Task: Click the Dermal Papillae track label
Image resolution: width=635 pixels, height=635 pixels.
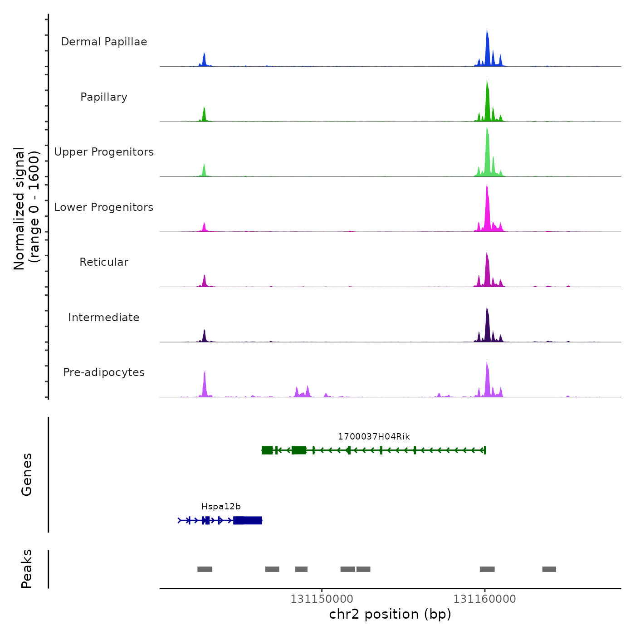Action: click(x=104, y=42)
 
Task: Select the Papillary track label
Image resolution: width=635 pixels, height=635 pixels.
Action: click(x=104, y=97)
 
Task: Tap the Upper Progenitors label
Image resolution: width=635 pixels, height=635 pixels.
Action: click(x=104, y=152)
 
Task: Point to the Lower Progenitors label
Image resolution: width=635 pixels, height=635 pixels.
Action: click(x=104, y=207)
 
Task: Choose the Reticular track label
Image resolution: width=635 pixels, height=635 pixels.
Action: click(x=104, y=262)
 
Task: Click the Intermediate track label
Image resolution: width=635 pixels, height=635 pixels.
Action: click(x=104, y=317)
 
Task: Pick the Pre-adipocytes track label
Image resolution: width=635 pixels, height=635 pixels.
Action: click(x=104, y=372)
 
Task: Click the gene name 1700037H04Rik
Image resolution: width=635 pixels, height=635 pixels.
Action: click(x=374, y=437)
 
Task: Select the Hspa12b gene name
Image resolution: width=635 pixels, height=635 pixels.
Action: click(x=221, y=507)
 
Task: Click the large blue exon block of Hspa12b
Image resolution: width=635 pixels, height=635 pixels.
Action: click(x=248, y=520)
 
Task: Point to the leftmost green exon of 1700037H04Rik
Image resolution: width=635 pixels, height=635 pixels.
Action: click(x=267, y=450)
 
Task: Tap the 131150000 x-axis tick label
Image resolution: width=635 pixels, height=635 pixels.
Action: click(x=322, y=599)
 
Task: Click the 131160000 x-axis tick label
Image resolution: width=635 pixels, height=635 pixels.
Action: click(x=484, y=599)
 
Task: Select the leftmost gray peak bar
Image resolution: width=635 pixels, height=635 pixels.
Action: click(x=205, y=569)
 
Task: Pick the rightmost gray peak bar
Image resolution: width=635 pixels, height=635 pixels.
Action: click(x=549, y=569)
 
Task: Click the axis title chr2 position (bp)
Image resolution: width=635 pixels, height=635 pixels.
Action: click(x=390, y=614)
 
